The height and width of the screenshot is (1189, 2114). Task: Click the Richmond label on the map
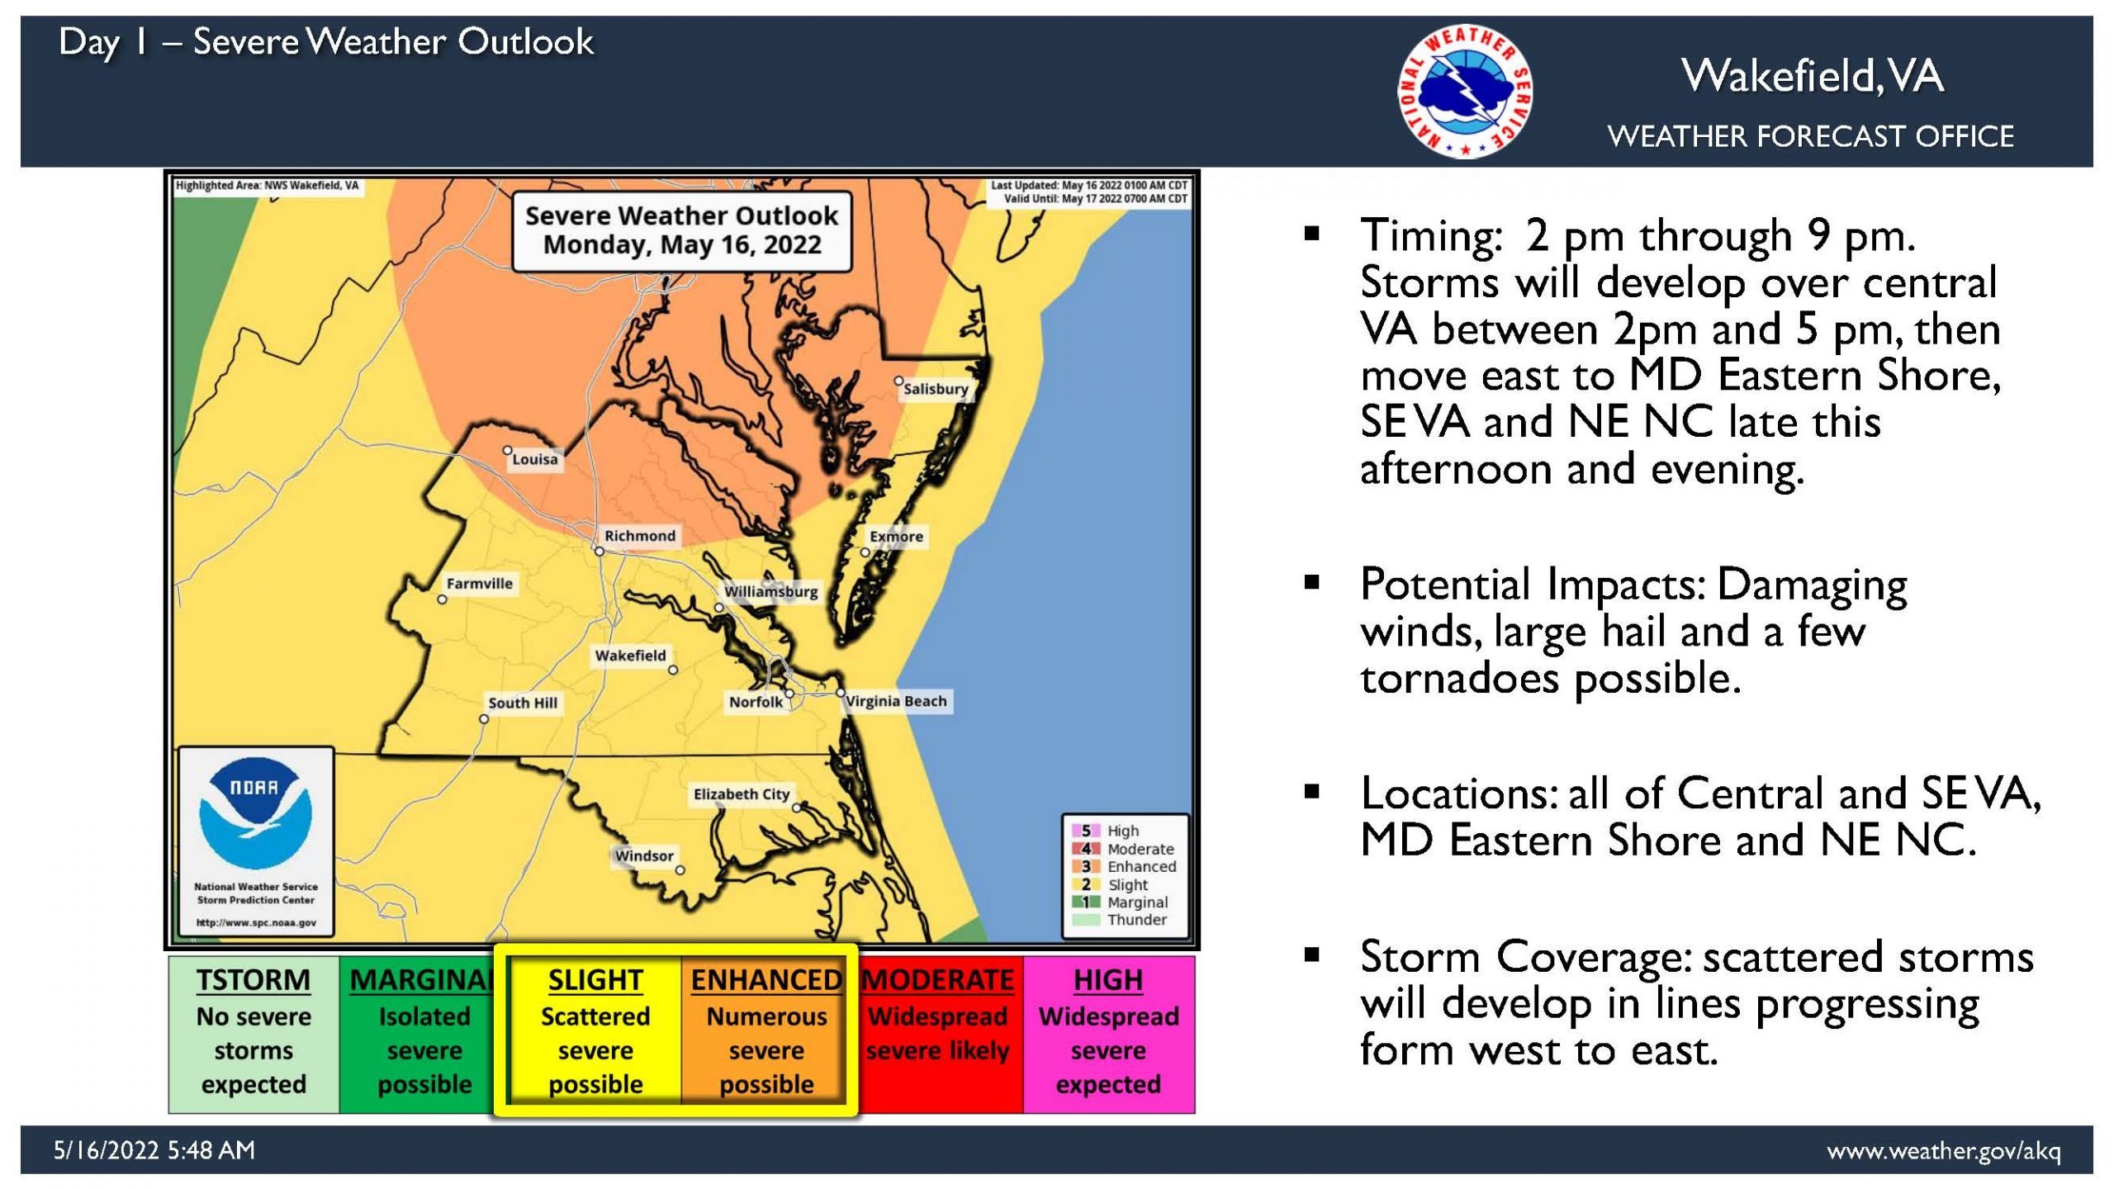[x=639, y=536]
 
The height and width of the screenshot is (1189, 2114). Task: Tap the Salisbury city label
[x=935, y=389]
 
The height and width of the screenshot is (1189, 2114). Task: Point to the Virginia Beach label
[x=896, y=701]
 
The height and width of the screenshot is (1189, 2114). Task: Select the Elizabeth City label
[x=742, y=794]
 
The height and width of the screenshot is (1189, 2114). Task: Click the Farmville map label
[x=480, y=584]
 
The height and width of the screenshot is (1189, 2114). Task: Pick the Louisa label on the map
[x=535, y=459]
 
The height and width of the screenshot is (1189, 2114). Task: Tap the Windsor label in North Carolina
[x=644, y=856]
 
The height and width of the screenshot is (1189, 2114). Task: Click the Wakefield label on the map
[x=630, y=656]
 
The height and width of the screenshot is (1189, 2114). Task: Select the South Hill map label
[x=523, y=703]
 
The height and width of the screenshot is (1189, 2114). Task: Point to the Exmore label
[x=896, y=537]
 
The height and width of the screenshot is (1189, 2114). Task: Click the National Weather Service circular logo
[x=1466, y=91]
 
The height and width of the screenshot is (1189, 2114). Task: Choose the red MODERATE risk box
[x=938, y=1034]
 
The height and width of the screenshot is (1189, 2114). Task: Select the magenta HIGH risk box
[x=1109, y=1034]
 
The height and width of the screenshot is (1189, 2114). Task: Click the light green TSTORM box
[x=254, y=1034]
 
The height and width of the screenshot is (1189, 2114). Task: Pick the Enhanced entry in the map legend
[x=1125, y=866]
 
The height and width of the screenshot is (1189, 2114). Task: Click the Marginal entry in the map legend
[x=1121, y=902]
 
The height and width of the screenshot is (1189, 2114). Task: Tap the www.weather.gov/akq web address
[x=1944, y=1150]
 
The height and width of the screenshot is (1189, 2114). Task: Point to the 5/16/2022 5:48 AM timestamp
[x=154, y=1150]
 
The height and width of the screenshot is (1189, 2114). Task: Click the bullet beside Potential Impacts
[x=1312, y=584]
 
